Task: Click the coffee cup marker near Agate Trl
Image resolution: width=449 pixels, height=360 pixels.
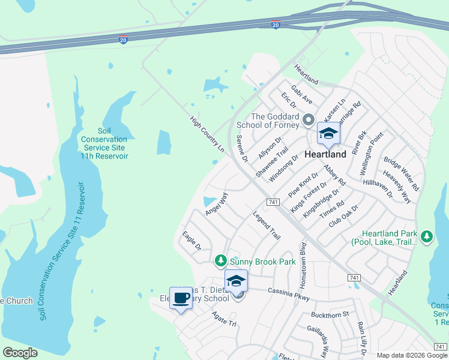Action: [x=181, y=298]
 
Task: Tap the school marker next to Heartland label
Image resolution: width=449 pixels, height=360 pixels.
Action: [x=328, y=134]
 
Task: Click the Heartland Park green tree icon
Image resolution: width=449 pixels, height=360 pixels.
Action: [x=427, y=236]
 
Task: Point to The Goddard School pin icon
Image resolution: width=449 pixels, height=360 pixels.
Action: [x=309, y=120]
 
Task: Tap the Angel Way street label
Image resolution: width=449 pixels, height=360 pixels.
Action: [x=217, y=203]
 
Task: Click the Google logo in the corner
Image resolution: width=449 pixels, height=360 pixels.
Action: [x=20, y=353]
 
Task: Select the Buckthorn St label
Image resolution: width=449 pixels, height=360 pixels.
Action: [x=330, y=314]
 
